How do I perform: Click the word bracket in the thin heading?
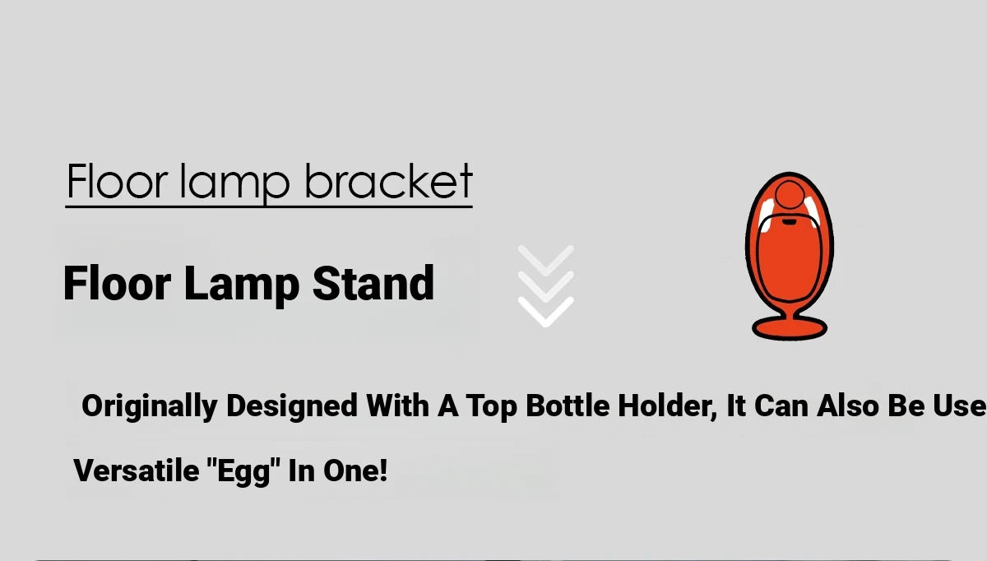388,181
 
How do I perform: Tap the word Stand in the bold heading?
373,283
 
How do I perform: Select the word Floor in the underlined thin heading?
118,181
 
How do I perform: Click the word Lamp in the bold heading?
242,285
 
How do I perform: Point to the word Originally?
150,406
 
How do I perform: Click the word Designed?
292,406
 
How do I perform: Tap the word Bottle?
568,406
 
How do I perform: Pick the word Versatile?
137,471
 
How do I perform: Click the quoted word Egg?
243,471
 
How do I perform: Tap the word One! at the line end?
355,471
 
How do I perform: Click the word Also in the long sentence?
848,406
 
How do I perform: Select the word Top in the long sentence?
492,406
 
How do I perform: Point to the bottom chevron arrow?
546,312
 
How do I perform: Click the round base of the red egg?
789,329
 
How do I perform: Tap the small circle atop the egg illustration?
790,194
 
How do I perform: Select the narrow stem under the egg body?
789,311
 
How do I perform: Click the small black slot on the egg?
789,222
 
